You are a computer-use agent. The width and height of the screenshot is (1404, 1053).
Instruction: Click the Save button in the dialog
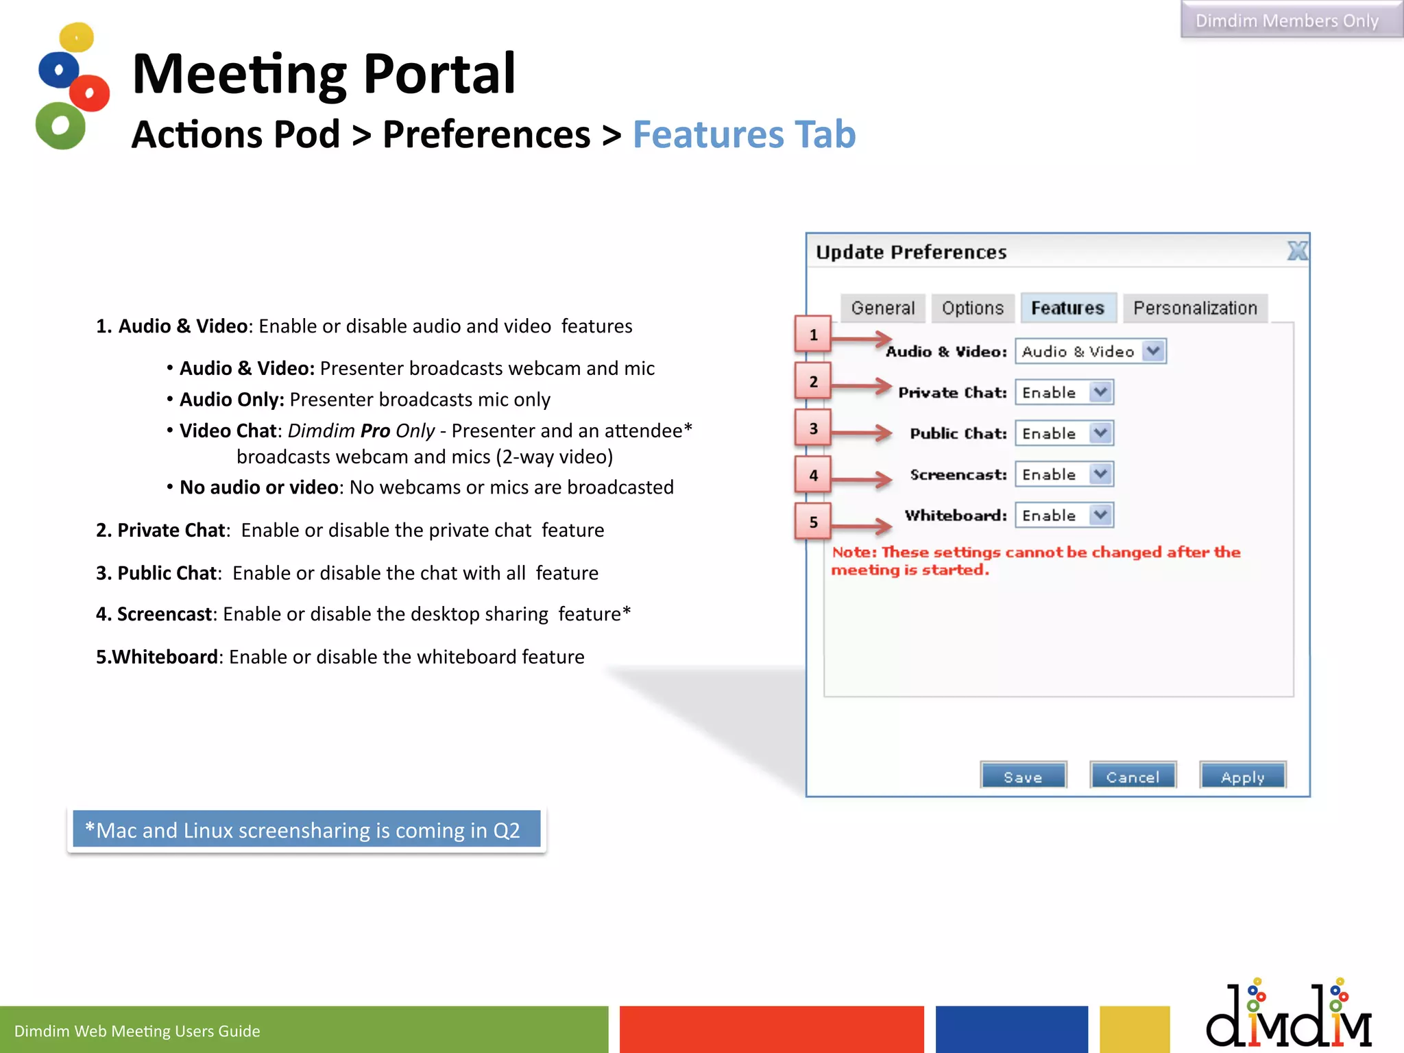[x=1023, y=776]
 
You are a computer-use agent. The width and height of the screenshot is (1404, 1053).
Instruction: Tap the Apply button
[x=1242, y=776]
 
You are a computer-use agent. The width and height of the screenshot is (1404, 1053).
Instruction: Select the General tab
[x=882, y=308]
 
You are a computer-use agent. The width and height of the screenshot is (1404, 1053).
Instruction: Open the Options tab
[x=972, y=308]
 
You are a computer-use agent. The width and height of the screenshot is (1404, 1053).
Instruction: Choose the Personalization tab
[x=1195, y=308]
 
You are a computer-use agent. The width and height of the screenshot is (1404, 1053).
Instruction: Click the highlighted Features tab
[x=1067, y=308]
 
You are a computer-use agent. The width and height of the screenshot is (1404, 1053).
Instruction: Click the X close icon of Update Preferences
[x=1297, y=251]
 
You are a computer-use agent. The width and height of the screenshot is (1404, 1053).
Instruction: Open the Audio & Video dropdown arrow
[x=1154, y=351]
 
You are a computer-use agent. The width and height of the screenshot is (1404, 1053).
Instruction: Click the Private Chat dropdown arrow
[x=1100, y=392]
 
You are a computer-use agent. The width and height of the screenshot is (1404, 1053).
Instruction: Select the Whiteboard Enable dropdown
[x=1064, y=516]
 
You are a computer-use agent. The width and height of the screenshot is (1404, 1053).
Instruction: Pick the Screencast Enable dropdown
[x=1064, y=474]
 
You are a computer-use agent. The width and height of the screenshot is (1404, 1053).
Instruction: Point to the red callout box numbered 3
[x=813, y=428]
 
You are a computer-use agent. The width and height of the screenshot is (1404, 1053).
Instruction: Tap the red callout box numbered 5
[x=813, y=522]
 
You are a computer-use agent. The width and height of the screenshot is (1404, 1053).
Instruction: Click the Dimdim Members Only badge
[x=1287, y=21]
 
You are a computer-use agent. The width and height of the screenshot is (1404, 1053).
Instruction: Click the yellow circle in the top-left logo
[x=76, y=37]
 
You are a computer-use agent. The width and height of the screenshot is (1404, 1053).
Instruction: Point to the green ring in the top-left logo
[x=60, y=125]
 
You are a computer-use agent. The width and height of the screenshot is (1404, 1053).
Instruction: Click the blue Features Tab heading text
[x=744, y=134]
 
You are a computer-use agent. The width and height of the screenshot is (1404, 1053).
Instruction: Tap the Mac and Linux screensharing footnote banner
[x=306, y=830]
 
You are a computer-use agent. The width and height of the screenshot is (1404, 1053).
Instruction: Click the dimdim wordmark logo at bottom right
[x=1288, y=1015]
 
